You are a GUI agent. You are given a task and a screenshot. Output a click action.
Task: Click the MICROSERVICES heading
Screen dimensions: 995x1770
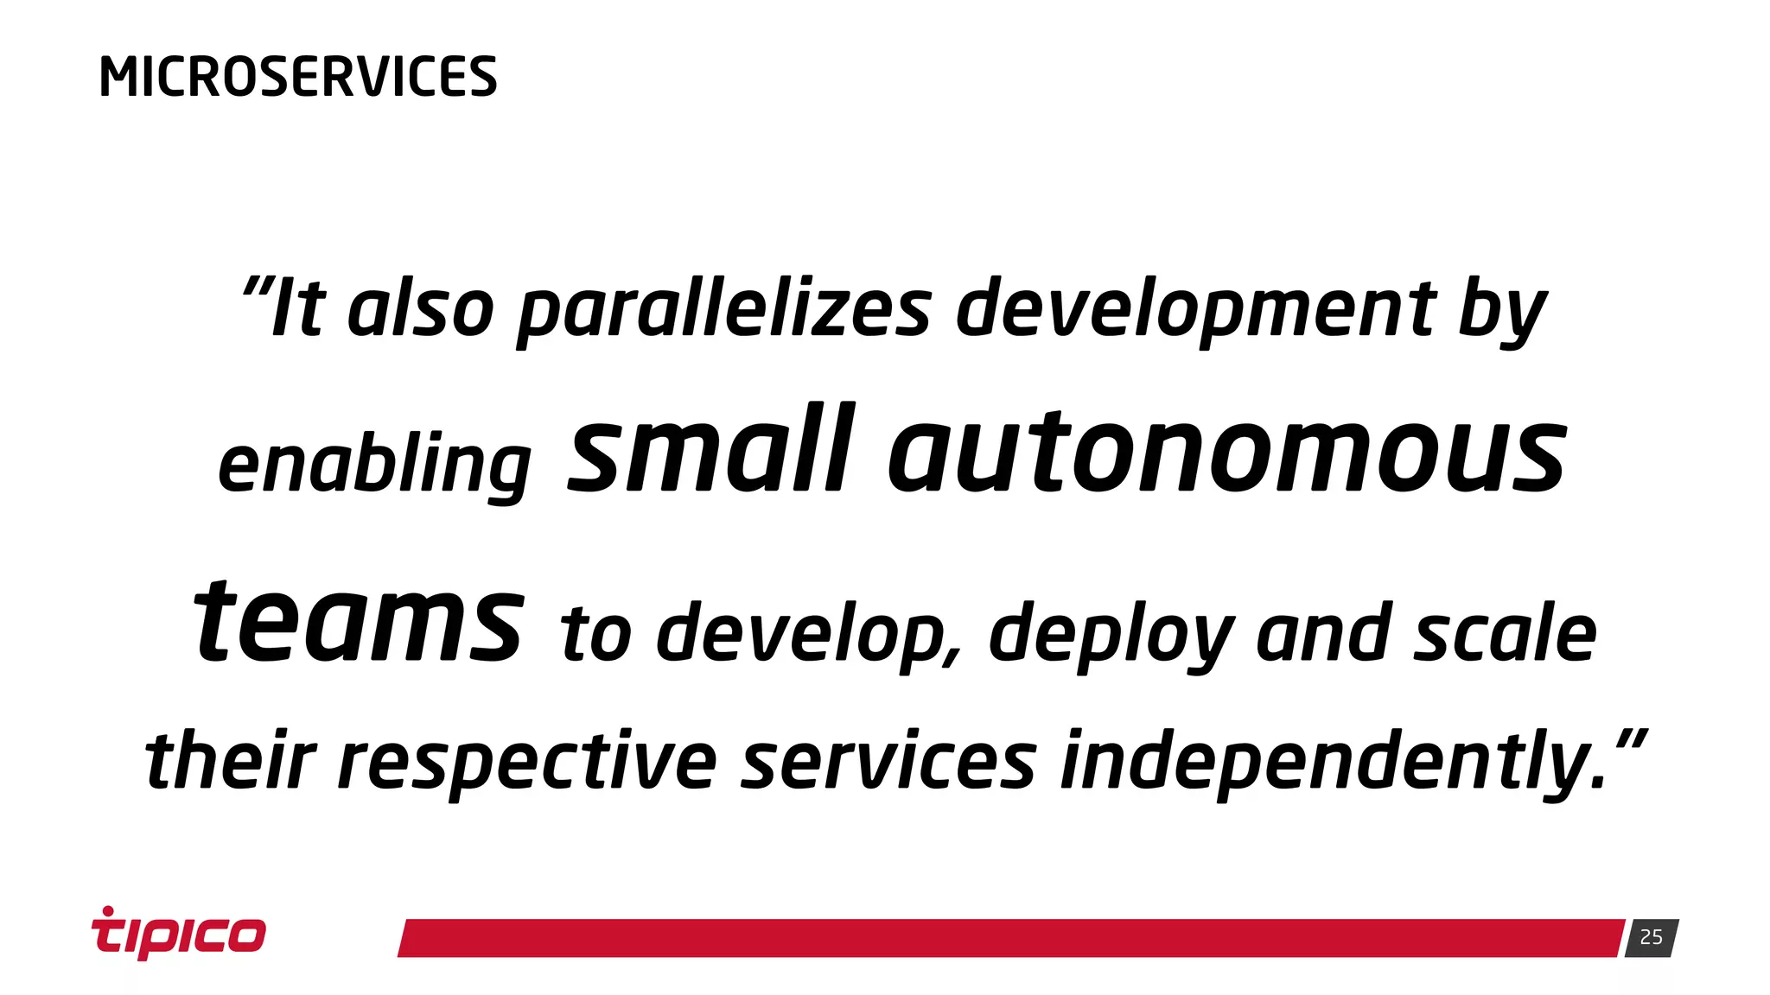[x=298, y=77]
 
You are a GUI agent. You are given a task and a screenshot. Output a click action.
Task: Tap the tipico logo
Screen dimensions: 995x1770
[x=179, y=934]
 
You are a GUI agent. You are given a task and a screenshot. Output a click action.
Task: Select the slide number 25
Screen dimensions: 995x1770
[x=1651, y=937]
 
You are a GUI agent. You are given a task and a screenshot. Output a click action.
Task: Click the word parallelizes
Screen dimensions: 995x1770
[x=724, y=311]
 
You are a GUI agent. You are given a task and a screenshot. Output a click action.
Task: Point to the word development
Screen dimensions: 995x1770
[x=1196, y=311]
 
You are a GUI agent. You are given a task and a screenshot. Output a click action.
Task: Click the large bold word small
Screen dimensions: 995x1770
[x=711, y=451]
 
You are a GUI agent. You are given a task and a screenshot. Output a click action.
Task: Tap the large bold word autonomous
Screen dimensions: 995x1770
[x=1227, y=453]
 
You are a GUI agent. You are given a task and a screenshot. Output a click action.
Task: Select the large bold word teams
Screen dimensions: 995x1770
[x=359, y=622]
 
